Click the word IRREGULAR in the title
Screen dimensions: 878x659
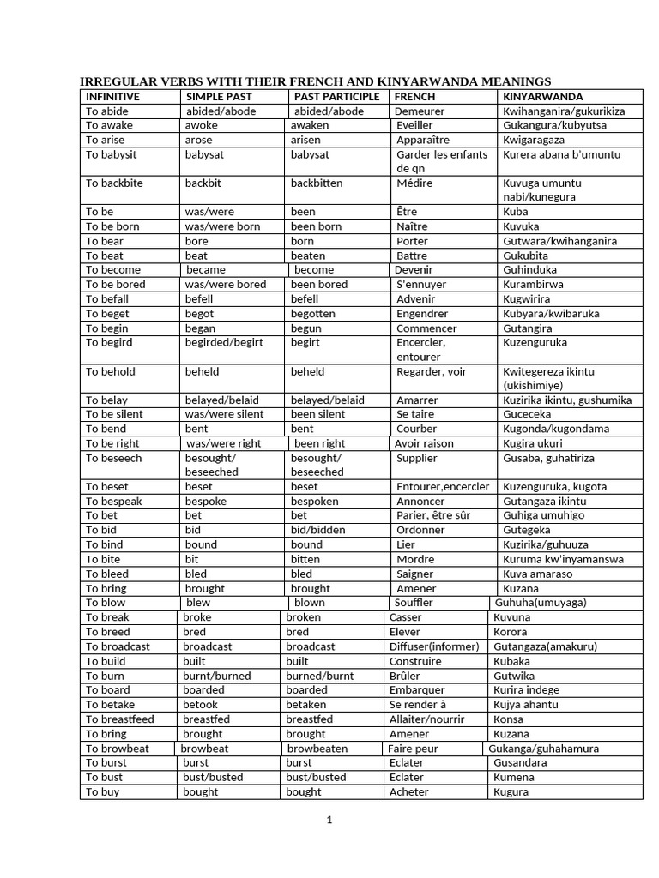click(116, 81)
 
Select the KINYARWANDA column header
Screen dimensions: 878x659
click(542, 97)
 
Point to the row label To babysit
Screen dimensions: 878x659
click(112, 154)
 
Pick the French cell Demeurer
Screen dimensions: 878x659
click(420, 111)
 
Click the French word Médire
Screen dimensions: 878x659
click(414, 183)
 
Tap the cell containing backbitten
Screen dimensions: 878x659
click(317, 183)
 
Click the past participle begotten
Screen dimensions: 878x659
click(313, 313)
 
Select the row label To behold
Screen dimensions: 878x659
click(111, 371)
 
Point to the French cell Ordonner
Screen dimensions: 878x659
click(420, 530)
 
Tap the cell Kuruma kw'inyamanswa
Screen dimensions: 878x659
click(563, 559)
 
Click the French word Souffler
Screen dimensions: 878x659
click(414, 603)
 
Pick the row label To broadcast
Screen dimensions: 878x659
click(118, 646)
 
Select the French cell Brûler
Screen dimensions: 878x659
click(406, 676)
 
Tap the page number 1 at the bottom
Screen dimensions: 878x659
click(329, 821)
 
